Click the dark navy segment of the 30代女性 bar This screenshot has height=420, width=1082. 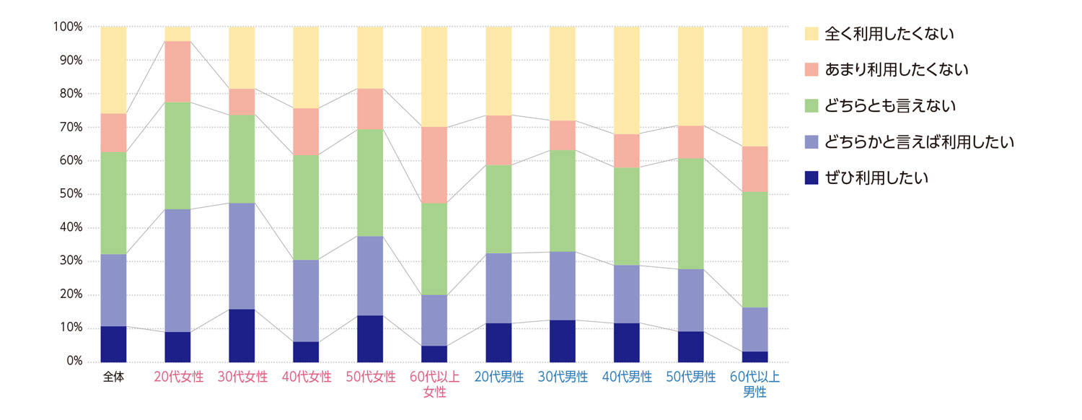(242, 335)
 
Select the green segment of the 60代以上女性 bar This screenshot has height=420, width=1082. (434, 249)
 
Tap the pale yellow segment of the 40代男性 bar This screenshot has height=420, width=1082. (627, 80)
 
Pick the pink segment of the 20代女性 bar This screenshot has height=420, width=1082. (177, 71)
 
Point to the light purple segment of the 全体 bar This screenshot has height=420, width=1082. (113, 290)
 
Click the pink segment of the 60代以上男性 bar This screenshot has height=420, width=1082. (755, 169)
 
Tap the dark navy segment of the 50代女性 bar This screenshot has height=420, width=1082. (370, 338)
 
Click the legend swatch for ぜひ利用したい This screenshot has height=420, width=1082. (811, 178)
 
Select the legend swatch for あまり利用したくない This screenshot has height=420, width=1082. (811, 69)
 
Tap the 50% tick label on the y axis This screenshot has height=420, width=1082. (70, 195)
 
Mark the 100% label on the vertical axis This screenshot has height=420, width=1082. (67, 27)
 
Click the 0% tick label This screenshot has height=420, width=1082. (73, 362)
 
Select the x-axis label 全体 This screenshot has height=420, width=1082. (113, 377)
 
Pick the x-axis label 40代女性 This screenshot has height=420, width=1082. (306, 377)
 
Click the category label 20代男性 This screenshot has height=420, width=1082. (498, 377)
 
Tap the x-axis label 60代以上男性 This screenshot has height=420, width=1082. (755, 385)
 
